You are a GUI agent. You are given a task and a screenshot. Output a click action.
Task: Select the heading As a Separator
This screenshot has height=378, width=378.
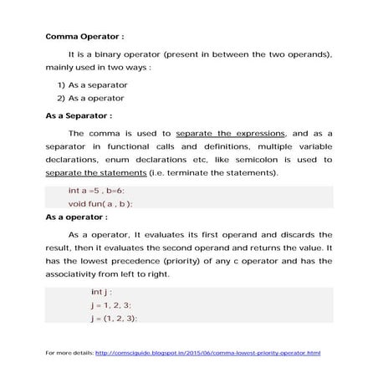[x=79, y=116]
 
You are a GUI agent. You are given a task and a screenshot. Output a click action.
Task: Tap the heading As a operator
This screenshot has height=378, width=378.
[x=76, y=217]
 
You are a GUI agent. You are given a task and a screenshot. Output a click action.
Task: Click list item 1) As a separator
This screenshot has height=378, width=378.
[x=92, y=85]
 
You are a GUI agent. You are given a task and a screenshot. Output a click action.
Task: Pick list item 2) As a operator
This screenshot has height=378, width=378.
[x=92, y=98]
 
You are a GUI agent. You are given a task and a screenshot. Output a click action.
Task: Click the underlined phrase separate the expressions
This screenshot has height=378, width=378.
[x=231, y=133]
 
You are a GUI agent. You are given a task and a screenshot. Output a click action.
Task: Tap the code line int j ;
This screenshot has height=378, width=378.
[x=100, y=293]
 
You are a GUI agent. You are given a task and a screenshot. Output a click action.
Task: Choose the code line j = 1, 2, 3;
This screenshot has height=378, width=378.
[x=110, y=305]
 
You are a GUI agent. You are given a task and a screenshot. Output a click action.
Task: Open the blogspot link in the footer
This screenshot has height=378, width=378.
[x=208, y=353]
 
